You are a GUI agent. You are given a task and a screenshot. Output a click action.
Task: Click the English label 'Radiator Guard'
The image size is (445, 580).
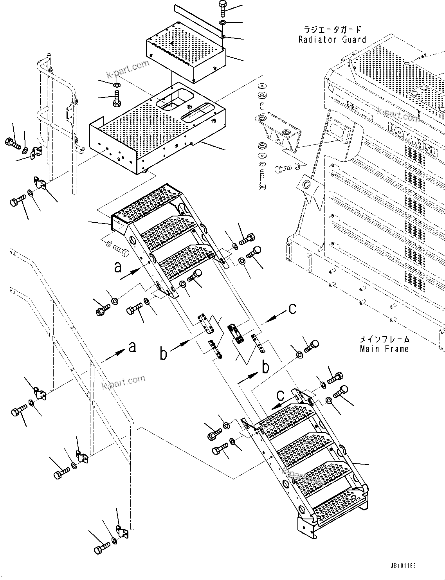coord(332,39)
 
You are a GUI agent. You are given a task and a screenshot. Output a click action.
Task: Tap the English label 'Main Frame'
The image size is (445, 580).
coord(384,349)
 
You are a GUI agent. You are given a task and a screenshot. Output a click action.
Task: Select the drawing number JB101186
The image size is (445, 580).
coord(402,566)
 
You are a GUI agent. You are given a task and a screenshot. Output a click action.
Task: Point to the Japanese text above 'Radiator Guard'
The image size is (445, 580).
coord(332,30)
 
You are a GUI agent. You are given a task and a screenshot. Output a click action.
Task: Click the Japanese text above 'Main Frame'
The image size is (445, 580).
coord(384,339)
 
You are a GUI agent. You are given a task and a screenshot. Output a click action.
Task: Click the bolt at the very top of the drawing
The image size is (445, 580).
coord(222,7)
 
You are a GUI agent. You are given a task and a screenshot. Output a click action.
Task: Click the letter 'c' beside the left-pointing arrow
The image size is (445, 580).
coord(292,308)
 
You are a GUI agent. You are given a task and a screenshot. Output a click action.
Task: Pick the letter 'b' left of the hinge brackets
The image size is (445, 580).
coord(164,354)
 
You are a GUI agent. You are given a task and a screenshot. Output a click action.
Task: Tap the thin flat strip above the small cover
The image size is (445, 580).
coord(200,19)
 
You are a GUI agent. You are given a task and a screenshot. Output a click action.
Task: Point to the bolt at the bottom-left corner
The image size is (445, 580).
coord(102,546)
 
